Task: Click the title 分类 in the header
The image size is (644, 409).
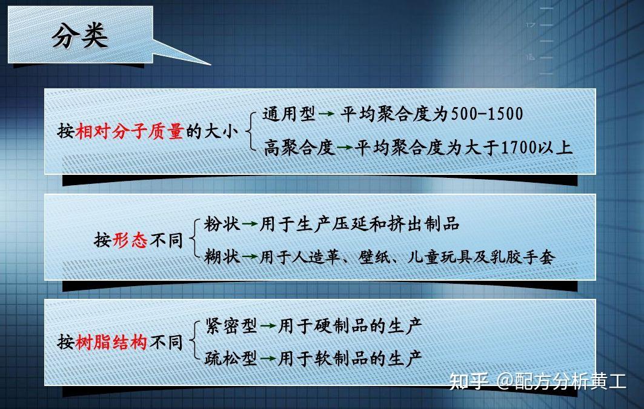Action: [79, 36]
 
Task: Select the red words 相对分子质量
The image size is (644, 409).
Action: [129, 131]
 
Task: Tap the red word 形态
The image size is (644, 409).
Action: [130, 240]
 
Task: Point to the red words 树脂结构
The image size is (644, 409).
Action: [111, 342]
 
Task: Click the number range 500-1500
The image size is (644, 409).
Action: [487, 114]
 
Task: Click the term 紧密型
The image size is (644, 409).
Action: [231, 326]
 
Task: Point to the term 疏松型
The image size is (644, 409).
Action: [231, 358]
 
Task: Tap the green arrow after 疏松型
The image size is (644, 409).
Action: [268, 359]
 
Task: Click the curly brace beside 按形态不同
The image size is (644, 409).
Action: [193, 240]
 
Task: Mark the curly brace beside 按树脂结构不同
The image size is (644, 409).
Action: [193, 342]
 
